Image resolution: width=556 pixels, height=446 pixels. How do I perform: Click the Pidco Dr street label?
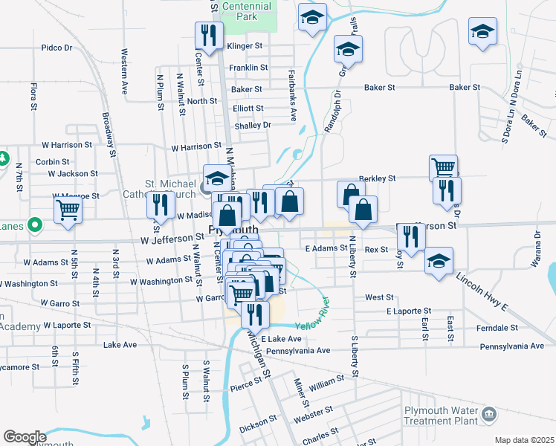click(x=56, y=48)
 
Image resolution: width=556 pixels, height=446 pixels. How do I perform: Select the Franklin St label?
click(x=248, y=68)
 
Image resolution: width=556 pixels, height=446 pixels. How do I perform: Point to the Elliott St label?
click(x=248, y=109)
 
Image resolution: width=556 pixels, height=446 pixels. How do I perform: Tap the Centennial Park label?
click(x=248, y=10)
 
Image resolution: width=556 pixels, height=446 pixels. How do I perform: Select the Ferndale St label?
click(x=520, y=327)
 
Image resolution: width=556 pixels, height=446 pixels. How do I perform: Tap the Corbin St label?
click(x=52, y=161)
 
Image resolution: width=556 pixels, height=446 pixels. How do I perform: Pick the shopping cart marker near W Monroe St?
click(x=68, y=210)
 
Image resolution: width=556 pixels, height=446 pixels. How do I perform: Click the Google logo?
click(x=25, y=437)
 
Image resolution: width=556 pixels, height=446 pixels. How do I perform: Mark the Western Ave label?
click(x=124, y=71)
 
